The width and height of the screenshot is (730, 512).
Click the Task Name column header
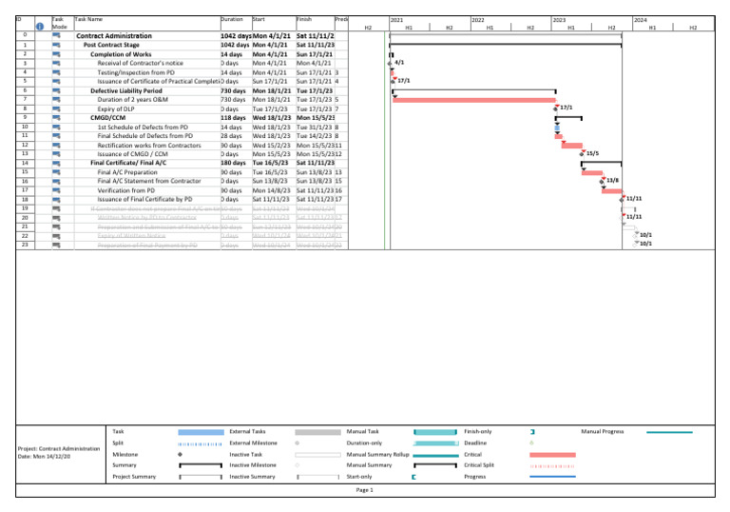point(88,18)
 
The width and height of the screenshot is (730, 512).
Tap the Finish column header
point(304,18)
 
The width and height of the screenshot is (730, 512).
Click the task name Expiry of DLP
point(120,108)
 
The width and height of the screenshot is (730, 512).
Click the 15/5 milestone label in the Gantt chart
point(592,153)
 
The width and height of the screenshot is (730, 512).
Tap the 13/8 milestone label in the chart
point(613,180)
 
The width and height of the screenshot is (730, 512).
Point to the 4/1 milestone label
point(400,63)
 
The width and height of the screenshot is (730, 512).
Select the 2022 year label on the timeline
point(478,19)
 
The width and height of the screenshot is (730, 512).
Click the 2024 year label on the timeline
point(640,19)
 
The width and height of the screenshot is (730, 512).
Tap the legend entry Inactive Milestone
point(252,465)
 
